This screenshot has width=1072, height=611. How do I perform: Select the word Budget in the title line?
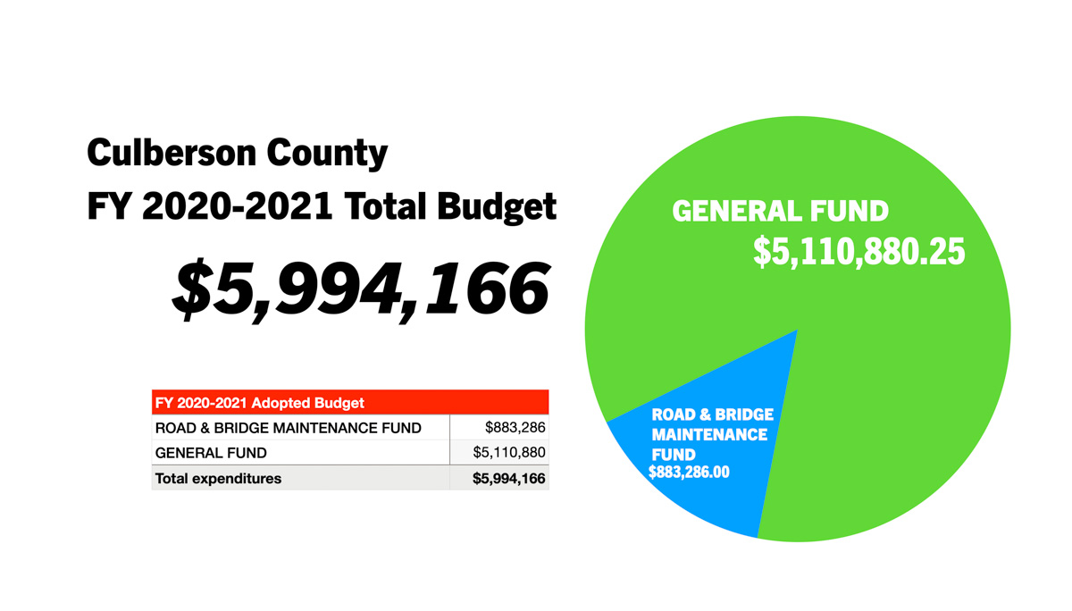(x=497, y=207)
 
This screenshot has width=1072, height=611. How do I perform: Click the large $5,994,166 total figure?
(x=360, y=289)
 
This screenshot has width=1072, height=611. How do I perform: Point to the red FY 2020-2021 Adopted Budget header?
(x=349, y=403)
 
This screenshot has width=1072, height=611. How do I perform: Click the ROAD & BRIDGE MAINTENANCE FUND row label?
(x=288, y=428)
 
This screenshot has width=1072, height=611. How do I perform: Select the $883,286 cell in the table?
(x=515, y=428)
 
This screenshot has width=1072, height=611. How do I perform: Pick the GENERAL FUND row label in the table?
(x=211, y=453)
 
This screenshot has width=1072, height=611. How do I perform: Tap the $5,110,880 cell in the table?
(x=509, y=453)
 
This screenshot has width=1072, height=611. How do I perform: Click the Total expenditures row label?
(x=218, y=479)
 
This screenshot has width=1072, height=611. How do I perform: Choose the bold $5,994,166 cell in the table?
(x=509, y=479)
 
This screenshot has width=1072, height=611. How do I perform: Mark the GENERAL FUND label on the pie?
(x=780, y=212)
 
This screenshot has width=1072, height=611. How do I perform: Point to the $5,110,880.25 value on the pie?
(x=858, y=252)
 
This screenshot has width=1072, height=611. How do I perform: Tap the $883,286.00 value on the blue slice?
(x=689, y=473)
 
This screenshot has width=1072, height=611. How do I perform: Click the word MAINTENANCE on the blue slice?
(x=709, y=435)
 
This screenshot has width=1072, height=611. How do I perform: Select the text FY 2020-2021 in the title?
(x=210, y=207)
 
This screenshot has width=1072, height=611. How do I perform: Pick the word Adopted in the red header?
(x=279, y=403)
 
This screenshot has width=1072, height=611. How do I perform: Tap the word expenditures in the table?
(x=239, y=479)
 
